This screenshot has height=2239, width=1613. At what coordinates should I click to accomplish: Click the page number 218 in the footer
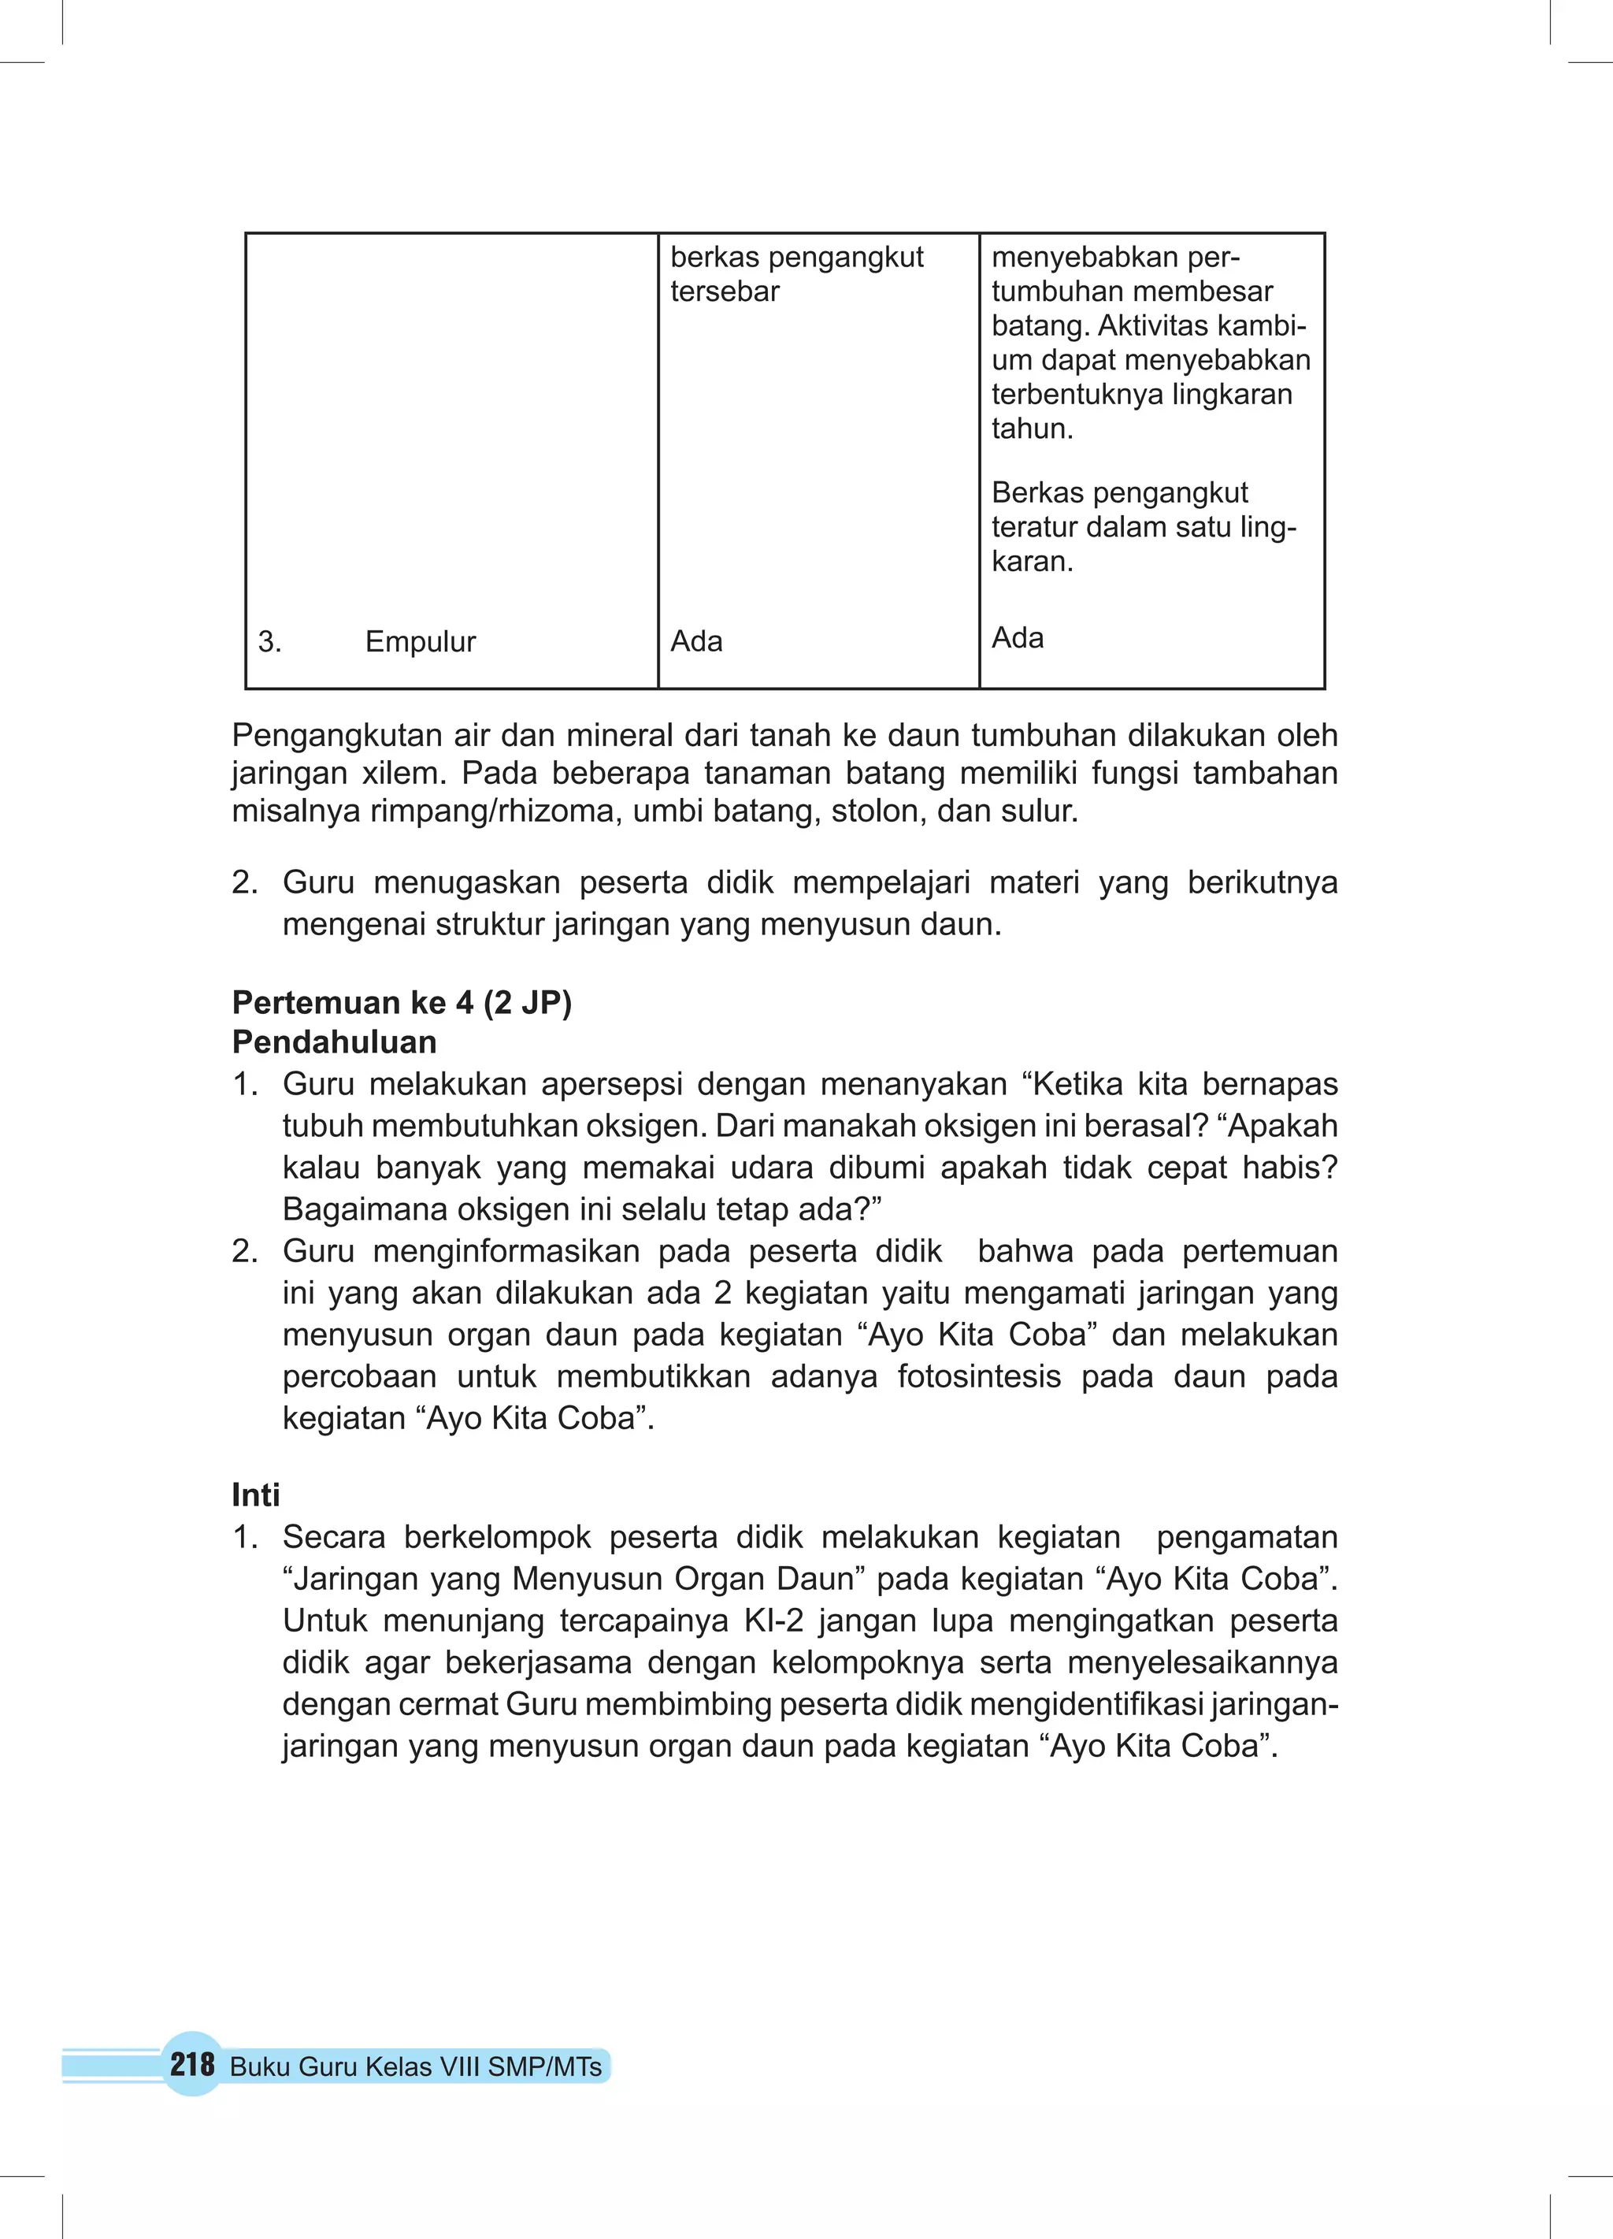(x=191, y=2064)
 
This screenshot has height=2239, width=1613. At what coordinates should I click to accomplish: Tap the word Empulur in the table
(x=421, y=642)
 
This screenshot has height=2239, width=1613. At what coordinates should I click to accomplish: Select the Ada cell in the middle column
(x=696, y=642)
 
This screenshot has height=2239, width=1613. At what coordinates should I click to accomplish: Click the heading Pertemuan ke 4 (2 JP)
(x=402, y=1003)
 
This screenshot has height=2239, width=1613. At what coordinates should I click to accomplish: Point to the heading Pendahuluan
(x=334, y=1042)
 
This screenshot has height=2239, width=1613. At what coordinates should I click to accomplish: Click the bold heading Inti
(x=256, y=1495)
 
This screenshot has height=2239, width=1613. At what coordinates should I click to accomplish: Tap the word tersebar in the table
(x=725, y=292)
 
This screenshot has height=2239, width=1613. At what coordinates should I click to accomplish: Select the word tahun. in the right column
(x=1032, y=429)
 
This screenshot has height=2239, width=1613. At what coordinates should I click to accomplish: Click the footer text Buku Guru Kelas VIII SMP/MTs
(x=416, y=2066)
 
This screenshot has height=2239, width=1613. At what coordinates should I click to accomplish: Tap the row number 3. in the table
(x=269, y=642)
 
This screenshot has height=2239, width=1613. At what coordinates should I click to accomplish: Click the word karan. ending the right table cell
(x=1032, y=562)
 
